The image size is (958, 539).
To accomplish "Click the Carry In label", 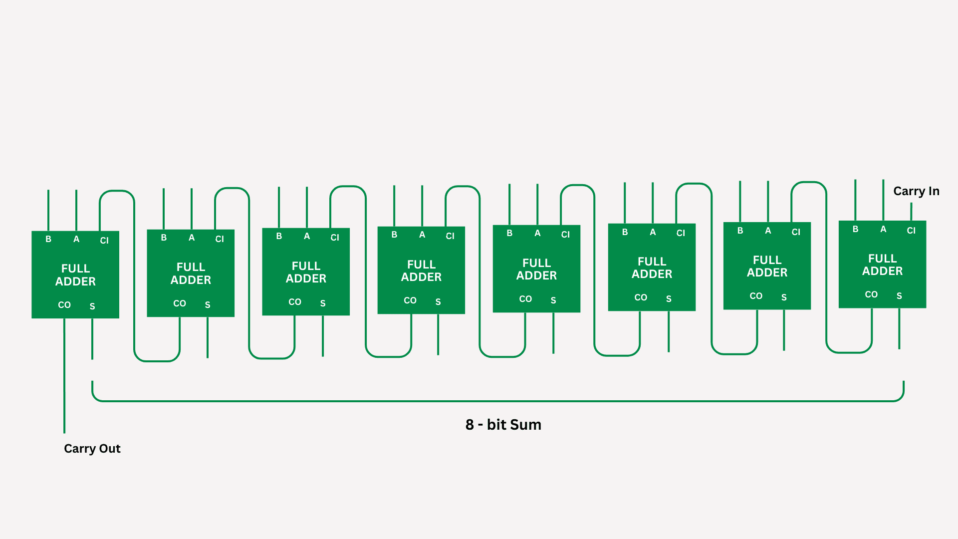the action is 916,191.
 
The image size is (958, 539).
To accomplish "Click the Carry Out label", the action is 92,449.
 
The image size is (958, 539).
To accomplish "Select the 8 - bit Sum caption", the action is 503,425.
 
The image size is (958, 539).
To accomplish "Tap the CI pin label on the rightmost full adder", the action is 911,231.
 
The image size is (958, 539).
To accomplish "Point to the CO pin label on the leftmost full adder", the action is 64,305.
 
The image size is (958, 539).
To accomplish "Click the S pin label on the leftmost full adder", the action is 92,306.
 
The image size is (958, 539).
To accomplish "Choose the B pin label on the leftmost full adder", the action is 48,239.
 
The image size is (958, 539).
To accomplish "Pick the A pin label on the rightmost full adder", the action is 883,229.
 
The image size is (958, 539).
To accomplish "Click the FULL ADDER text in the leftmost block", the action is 75,275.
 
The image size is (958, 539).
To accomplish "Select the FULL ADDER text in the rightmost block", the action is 882,265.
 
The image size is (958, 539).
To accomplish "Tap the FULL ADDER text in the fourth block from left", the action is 421,271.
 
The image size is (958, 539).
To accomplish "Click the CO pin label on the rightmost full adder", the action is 871,294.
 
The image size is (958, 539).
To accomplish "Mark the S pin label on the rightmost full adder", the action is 899,296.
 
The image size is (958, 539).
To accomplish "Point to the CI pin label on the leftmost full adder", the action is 104,241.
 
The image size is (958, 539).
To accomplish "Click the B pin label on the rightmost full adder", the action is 855,229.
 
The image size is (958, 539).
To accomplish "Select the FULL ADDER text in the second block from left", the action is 191,273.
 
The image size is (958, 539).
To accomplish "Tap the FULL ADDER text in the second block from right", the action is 767,267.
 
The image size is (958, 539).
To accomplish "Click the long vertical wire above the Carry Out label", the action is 64,375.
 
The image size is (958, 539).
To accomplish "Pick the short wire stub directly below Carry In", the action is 911,212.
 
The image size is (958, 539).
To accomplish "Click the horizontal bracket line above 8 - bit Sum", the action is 498,401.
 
